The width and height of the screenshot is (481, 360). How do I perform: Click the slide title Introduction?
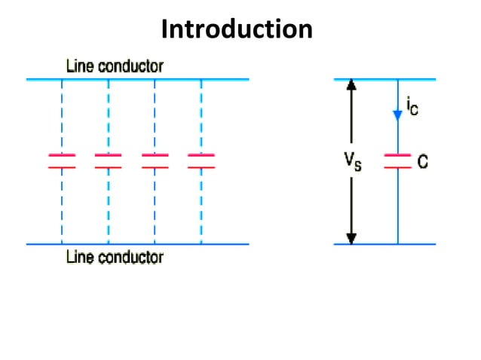237,29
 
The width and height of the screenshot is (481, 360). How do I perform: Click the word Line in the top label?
79,66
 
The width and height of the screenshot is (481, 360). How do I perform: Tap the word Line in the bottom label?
79,258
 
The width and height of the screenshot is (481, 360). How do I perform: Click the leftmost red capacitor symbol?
62,160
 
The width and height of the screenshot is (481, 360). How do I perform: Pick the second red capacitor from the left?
108,160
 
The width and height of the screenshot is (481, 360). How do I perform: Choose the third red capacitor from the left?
155,160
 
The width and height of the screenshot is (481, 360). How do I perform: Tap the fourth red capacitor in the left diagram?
201,160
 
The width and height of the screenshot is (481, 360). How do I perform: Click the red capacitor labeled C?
397,160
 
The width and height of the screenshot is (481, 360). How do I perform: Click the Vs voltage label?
352,161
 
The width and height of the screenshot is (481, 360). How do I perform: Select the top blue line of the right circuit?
384,78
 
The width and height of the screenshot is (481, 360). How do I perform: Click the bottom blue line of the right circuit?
384,244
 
